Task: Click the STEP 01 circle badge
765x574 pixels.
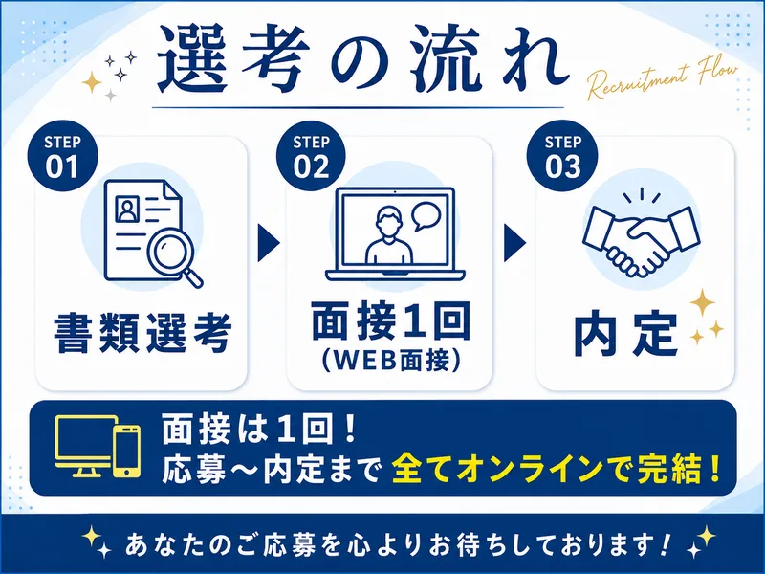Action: (63, 156)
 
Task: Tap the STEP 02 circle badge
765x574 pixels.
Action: (312, 156)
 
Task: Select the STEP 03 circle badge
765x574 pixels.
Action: (562, 156)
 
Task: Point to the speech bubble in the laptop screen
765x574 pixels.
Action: (426, 216)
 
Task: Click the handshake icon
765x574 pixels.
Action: (641, 235)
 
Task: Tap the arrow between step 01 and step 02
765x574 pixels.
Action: (268, 243)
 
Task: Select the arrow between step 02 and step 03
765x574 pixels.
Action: (514, 243)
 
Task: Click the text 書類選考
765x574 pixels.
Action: (142, 333)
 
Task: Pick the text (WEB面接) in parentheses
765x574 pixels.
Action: (390, 362)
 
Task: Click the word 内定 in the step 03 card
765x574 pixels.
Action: (625, 335)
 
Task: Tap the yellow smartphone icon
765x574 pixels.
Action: (127, 451)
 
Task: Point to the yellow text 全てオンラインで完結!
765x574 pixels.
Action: (557, 468)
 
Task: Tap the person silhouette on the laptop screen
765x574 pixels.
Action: (389, 235)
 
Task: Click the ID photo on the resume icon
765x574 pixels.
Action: (127, 210)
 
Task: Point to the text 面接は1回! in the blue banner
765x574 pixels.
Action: (259, 430)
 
